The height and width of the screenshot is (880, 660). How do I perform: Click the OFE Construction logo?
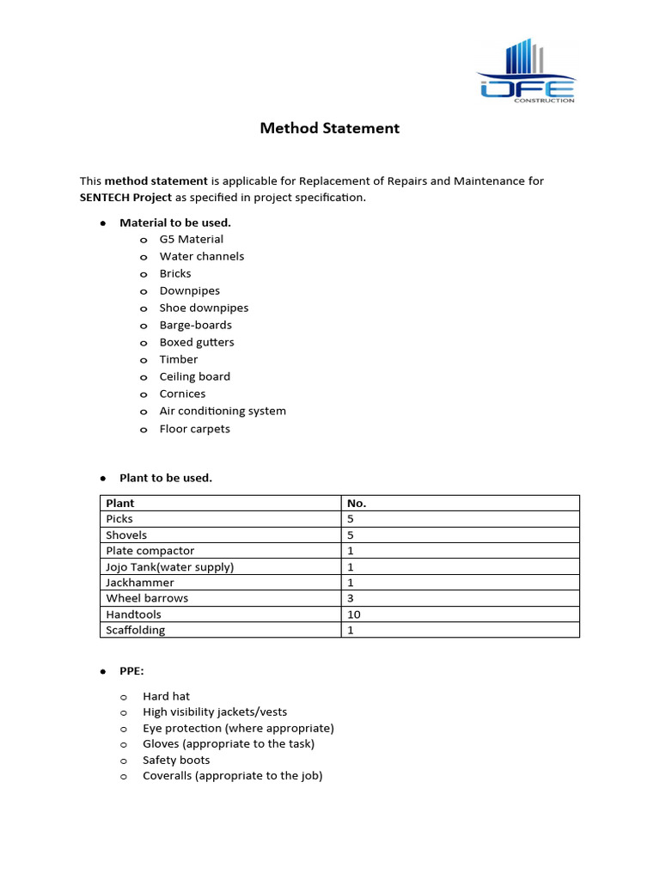(527, 71)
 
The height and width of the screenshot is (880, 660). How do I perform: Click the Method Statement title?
(330, 128)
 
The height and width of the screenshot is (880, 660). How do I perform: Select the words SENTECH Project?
(125, 198)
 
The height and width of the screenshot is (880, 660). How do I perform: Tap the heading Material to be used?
(175, 223)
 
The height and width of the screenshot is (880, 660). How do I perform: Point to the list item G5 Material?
(191, 239)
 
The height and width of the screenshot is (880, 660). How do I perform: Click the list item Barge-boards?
(195, 325)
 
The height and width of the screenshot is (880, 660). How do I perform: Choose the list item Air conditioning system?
(223, 411)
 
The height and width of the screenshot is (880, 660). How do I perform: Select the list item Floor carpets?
(194, 429)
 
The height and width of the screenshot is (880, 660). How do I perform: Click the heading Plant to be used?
(166, 478)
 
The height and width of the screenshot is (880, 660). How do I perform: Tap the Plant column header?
(120, 503)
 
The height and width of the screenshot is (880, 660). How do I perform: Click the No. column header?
(357, 503)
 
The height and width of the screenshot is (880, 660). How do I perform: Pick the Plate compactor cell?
(150, 551)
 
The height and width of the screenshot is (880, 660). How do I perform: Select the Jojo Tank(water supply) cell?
(169, 566)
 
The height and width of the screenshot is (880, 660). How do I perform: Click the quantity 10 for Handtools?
(353, 614)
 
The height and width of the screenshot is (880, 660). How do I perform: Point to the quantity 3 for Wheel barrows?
(351, 598)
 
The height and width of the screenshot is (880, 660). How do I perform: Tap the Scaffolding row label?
(135, 630)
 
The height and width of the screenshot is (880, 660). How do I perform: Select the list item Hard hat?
(166, 696)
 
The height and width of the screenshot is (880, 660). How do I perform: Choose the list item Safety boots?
(176, 760)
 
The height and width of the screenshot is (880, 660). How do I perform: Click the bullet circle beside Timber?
(144, 360)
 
